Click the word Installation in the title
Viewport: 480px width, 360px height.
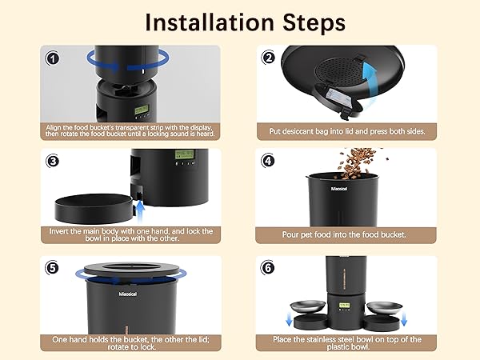tap(210, 22)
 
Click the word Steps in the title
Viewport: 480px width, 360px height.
tap(314, 23)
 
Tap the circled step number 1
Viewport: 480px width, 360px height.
tap(52, 58)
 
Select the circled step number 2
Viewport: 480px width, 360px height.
tap(269, 58)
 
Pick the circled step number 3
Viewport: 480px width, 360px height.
tap(53, 161)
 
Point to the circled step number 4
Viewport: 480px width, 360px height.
tap(268, 161)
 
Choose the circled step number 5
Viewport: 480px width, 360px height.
tap(52, 268)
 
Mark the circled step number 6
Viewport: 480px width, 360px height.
tap(268, 268)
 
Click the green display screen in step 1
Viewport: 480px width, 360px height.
tap(142, 110)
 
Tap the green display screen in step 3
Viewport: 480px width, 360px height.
tap(185, 154)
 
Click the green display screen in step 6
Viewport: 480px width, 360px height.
tap(344, 306)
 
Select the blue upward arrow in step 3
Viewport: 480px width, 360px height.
tap(140, 212)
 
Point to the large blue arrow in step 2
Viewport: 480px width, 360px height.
tap(370, 83)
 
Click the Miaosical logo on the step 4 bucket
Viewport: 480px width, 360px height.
tap(339, 189)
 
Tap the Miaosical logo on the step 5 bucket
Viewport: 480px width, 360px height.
tap(128, 294)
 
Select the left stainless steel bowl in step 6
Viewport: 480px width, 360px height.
tap(309, 309)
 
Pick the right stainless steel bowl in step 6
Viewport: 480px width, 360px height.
tap(384, 309)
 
